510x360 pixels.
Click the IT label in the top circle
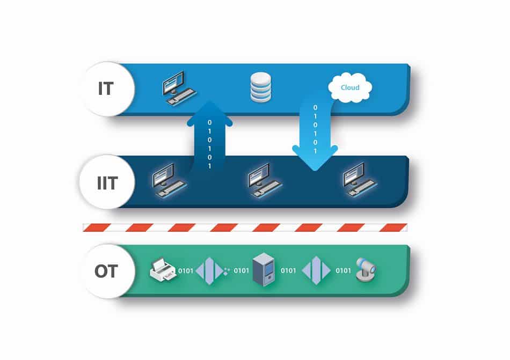(106, 89)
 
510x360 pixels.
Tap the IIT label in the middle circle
(107, 183)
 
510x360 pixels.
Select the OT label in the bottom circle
(106, 271)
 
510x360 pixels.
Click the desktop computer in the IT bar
(179, 89)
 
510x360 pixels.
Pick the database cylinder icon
(261, 87)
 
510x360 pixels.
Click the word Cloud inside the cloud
(350, 87)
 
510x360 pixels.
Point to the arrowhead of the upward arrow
(210, 113)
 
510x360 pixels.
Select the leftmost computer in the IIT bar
(170, 180)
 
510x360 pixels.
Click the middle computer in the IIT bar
(265, 180)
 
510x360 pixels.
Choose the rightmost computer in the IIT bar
(360, 180)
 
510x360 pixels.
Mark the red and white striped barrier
(245, 227)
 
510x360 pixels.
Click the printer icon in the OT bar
(163, 270)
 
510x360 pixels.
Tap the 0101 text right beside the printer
(186, 270)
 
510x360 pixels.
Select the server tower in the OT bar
(264, 270)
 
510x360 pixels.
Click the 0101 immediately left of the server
(242, 270)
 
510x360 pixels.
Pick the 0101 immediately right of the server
(288, 270)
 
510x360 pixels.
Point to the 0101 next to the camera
(344, 270)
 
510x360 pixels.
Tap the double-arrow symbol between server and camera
(316, 270)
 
